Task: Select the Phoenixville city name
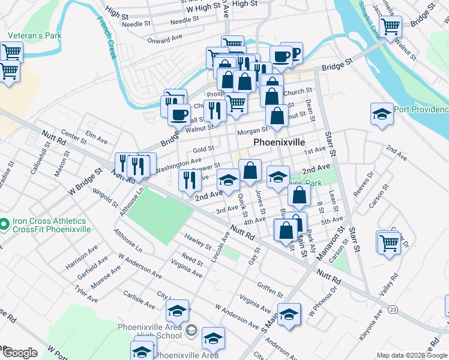coord(280,143)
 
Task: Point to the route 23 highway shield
coord(393,308)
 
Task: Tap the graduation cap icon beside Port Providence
coord(381,113)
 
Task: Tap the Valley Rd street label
coord(394,285)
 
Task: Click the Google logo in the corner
coord(20,353)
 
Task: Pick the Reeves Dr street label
coord(363,182)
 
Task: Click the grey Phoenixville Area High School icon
coord(191,330)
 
